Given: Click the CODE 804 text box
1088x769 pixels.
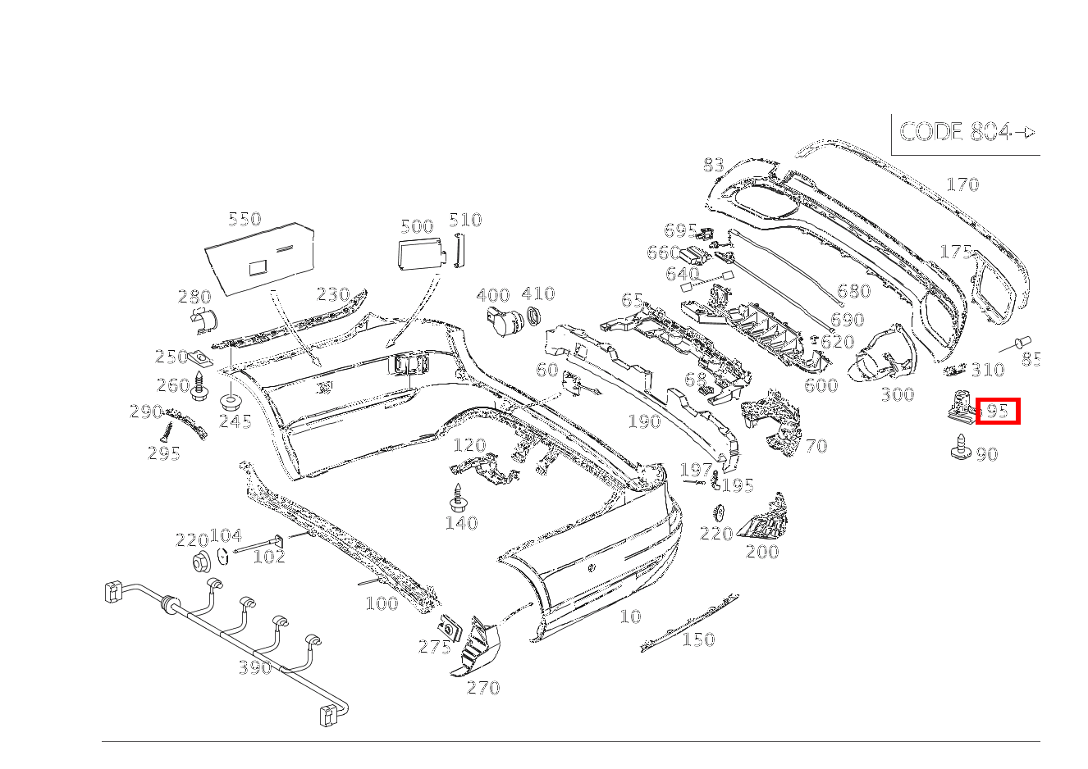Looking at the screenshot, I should click(966, 133).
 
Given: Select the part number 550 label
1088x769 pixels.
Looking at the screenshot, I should click(244, 219).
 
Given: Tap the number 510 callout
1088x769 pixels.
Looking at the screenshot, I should click(465, 220).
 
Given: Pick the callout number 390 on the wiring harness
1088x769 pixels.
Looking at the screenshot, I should click(254, 667).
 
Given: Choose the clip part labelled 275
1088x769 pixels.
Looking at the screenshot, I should click(450, 628).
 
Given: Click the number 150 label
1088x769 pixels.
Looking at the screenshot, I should click(698, 639).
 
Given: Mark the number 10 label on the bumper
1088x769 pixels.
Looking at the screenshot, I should click(630, 617).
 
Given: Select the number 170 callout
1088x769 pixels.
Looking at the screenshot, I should click(962, 184).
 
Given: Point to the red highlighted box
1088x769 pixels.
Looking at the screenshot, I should click(998, 411).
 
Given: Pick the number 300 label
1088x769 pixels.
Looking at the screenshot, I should click(897, 394).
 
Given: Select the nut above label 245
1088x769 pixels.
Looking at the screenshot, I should click(231, 401).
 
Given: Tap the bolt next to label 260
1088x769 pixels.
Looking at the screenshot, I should click(199, 386).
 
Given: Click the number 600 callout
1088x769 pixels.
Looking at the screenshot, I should click(821, 385).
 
